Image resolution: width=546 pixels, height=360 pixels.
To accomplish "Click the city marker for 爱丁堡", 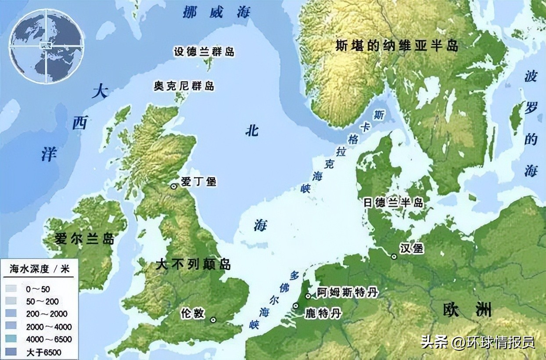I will click(x=174, y=186).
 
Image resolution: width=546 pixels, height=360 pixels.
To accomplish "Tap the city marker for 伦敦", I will click(x=213, y=320).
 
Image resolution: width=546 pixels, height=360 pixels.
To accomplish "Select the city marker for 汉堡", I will click(x=394, y=256).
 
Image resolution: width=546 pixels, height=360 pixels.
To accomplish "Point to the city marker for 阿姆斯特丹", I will click(x=308, y=295).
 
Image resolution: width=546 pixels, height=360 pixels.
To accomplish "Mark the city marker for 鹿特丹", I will click(x=296, y=306).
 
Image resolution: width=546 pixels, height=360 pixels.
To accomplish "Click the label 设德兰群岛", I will click(x=204, y=52).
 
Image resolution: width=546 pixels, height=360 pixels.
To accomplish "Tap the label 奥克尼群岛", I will click(x=184, y=86).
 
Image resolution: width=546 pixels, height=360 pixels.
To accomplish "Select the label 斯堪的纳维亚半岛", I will click(x=397, y=46).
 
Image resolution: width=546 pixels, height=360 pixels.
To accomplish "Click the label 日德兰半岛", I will click(x=393, y=202).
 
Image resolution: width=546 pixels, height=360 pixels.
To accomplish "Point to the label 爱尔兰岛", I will click(x=85, y=239).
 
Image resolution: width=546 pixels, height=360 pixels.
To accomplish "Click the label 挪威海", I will click(x=216, y=12).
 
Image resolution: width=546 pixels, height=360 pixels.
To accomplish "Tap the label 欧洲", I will click(x=466, y=310).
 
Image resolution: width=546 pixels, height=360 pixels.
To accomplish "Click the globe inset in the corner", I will click(x=47, y=46).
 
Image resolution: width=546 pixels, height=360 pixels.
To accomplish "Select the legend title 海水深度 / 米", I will click(x=40, y=269).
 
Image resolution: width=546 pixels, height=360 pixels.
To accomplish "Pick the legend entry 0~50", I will click(x=38, y=289).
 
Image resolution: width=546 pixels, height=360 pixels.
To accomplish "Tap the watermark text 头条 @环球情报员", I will click(x=478, y=342).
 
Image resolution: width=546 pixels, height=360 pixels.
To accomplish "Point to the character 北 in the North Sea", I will click(x=252, y=130).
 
